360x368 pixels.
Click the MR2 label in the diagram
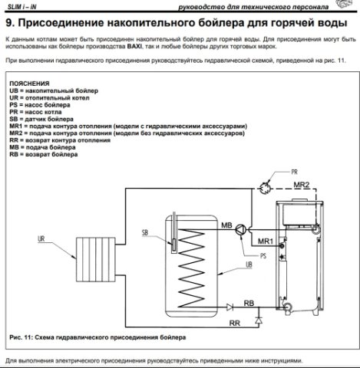pos(302,185)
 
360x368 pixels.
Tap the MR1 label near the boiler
pos(266,241)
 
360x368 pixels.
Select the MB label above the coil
pos(226,225)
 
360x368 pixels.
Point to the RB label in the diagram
pos(249,303)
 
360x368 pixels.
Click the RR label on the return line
pos(235,324)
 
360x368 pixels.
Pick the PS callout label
pos(263,256)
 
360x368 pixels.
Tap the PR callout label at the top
pos(294,172)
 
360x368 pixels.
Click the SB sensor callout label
pos(145,232)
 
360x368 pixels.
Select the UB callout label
pos(249,264)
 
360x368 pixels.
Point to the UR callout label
pos(41,238)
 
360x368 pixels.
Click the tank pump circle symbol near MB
pos(241,229)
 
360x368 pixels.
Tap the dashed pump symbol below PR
pos(265,188)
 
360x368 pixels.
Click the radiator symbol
pos(96,259)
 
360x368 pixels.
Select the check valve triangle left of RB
pos(230,307)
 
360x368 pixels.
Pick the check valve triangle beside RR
pos(259,320)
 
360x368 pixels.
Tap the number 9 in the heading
pos(9,23)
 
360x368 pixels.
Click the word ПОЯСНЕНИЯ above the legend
pos(29,84)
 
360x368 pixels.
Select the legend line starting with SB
pos(41,119)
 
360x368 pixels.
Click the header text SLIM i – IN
pos(21,7)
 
